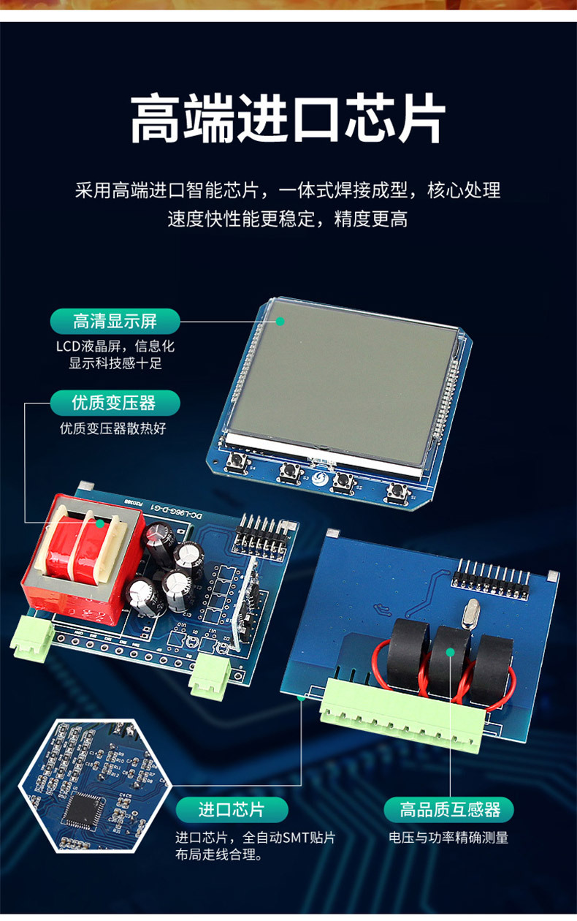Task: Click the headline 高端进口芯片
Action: (288, 118)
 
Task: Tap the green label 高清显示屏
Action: (115, 321)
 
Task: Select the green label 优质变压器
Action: (115, 403)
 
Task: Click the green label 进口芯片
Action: (232, 810)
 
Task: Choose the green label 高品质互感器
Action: (449, 810)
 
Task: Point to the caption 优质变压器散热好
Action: (113, 428)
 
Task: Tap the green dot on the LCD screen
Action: (280, 321)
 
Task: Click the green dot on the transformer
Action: (99, 523)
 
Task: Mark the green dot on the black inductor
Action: (450, 652)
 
